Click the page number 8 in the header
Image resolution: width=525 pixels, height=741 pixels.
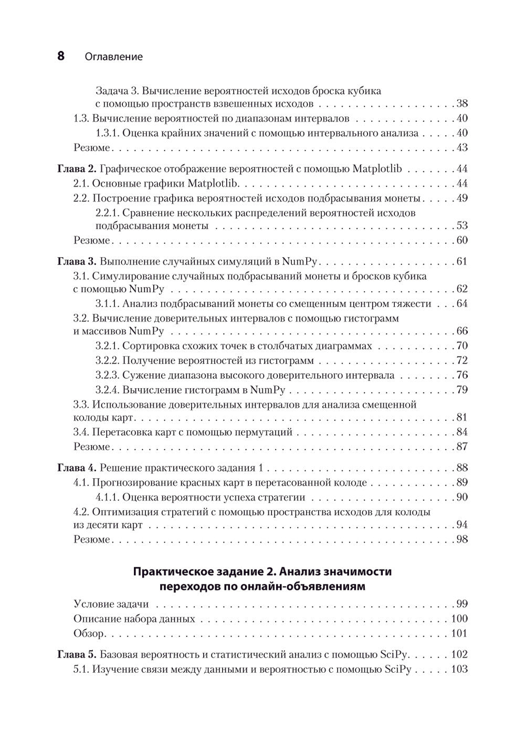[60, 56]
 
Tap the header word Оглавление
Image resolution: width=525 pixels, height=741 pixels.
[113, 57]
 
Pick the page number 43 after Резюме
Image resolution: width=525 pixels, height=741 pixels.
[461, 147]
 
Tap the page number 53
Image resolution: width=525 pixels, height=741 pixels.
[461, 226]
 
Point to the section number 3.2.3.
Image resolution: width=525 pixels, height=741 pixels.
[108, 375]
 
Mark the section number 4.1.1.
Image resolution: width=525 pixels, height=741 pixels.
[108, 497]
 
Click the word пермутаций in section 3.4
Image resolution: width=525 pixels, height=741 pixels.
[265, 432]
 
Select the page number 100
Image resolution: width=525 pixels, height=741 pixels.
[459, 619]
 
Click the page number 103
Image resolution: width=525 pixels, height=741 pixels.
[459, 669]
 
